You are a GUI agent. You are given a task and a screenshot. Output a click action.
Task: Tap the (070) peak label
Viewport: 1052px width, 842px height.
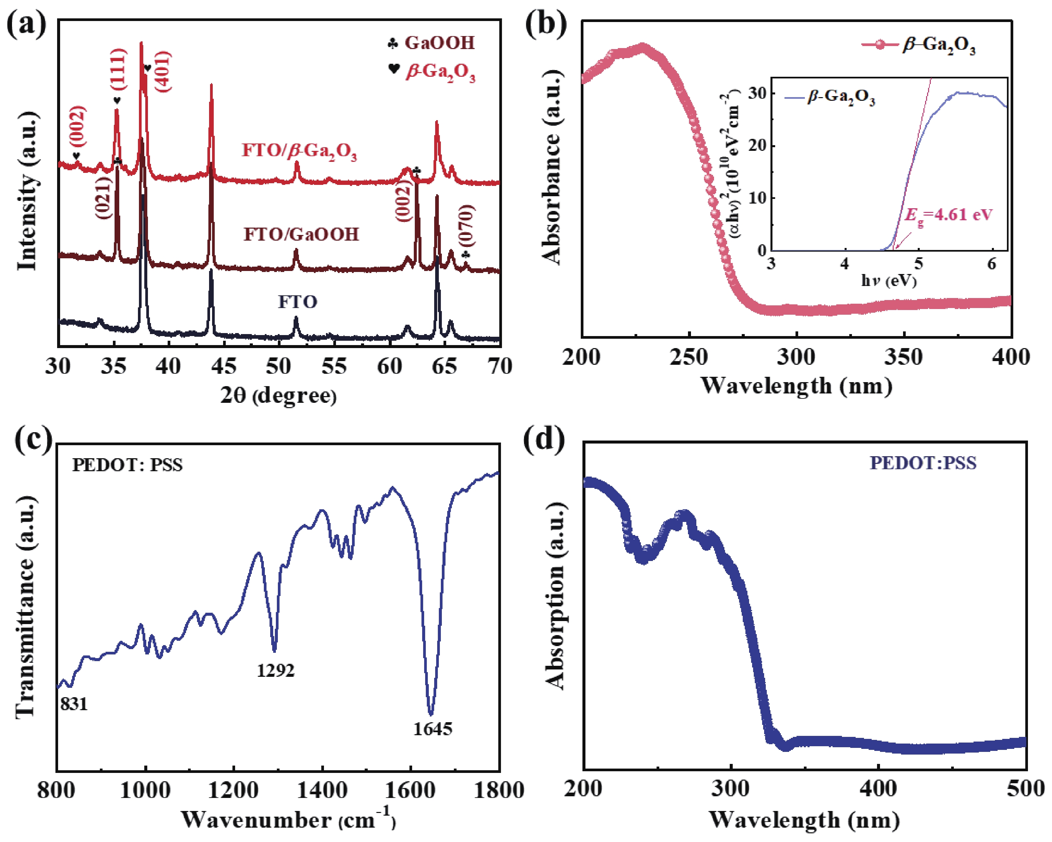[x=466, y=226]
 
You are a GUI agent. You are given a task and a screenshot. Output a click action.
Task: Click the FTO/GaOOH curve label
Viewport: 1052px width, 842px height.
[x=301, y=235]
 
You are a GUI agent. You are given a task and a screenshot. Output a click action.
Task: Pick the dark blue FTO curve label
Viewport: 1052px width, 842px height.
[x=298, y=302]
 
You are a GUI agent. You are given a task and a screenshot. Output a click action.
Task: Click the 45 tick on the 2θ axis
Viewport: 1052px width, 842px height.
[x=224, y=366]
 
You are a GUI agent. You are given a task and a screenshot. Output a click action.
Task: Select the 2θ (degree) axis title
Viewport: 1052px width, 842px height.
[x=278, y=395]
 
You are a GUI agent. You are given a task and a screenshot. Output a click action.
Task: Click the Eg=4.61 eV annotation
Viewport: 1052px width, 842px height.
[x=948, y=215]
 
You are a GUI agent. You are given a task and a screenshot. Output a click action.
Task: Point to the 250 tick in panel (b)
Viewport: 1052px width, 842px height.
[x=689, y=357]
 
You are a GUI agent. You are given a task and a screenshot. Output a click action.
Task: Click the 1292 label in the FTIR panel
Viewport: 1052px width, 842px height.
[x=276, y=670]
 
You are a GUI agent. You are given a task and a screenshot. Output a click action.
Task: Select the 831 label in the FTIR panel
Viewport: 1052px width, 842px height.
[x=74, y=704]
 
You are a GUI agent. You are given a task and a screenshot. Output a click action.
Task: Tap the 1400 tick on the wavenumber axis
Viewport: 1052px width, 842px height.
[x=322, y=790]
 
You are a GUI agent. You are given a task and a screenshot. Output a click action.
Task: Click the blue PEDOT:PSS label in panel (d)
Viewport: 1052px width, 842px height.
[x=923, y=463]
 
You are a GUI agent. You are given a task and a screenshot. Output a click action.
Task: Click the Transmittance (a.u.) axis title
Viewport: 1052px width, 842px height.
[x=25, y=607]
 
